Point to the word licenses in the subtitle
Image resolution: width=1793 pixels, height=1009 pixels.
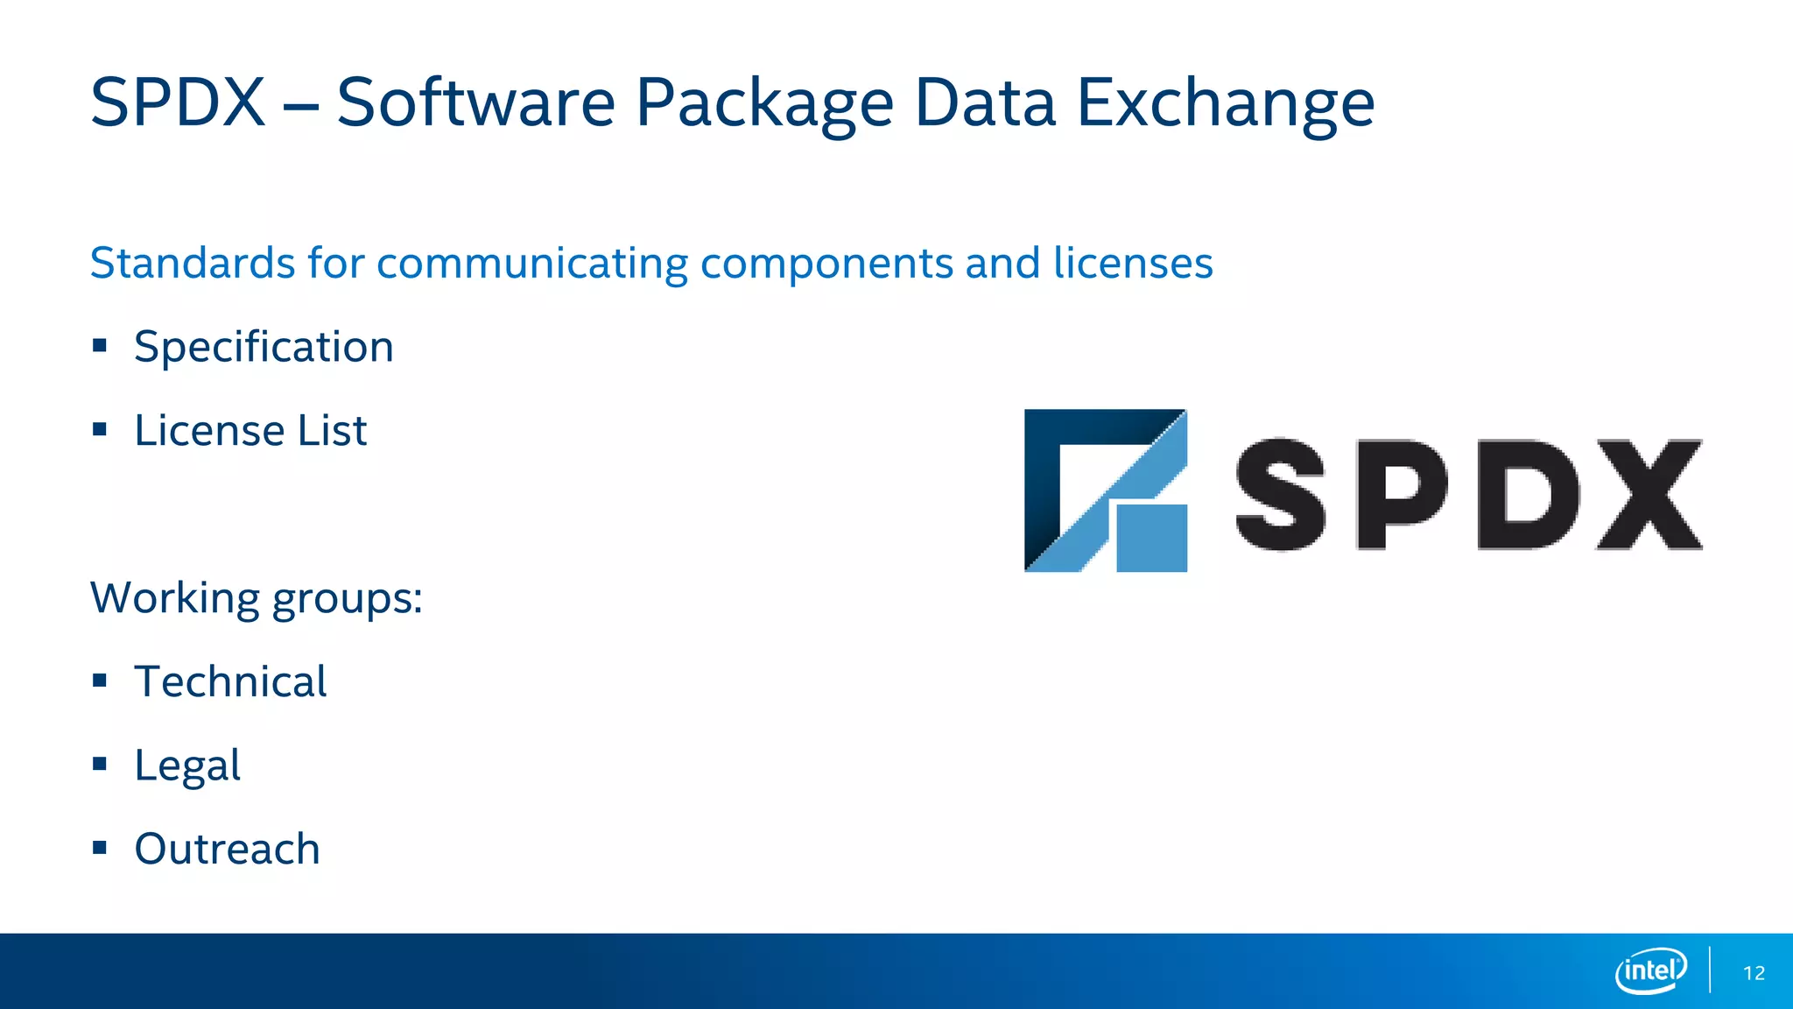[x=1133, y=263]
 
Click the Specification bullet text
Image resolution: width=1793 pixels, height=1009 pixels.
[x=264, y=348]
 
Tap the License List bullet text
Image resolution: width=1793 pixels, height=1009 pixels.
[x=250, y=430]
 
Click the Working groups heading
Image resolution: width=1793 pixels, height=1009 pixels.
[x=257, y=599]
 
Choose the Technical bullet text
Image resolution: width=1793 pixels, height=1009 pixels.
[x=230, y=681]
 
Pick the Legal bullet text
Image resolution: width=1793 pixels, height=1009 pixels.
[x=187, y=766]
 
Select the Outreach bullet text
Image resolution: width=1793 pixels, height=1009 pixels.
[x=228, y=849]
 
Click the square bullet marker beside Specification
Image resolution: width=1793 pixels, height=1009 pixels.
[x=100, y=346]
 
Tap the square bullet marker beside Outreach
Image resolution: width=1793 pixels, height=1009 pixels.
[x=100, y=848]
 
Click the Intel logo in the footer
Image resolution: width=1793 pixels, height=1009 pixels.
[x=1650, y=970]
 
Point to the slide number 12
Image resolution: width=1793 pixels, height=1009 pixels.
[x=1754, y=973]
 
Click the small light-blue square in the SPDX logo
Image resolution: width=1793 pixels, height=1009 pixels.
[x=1152, y=538]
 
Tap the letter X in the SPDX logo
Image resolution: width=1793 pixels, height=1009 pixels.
[x=1649, y=495]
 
